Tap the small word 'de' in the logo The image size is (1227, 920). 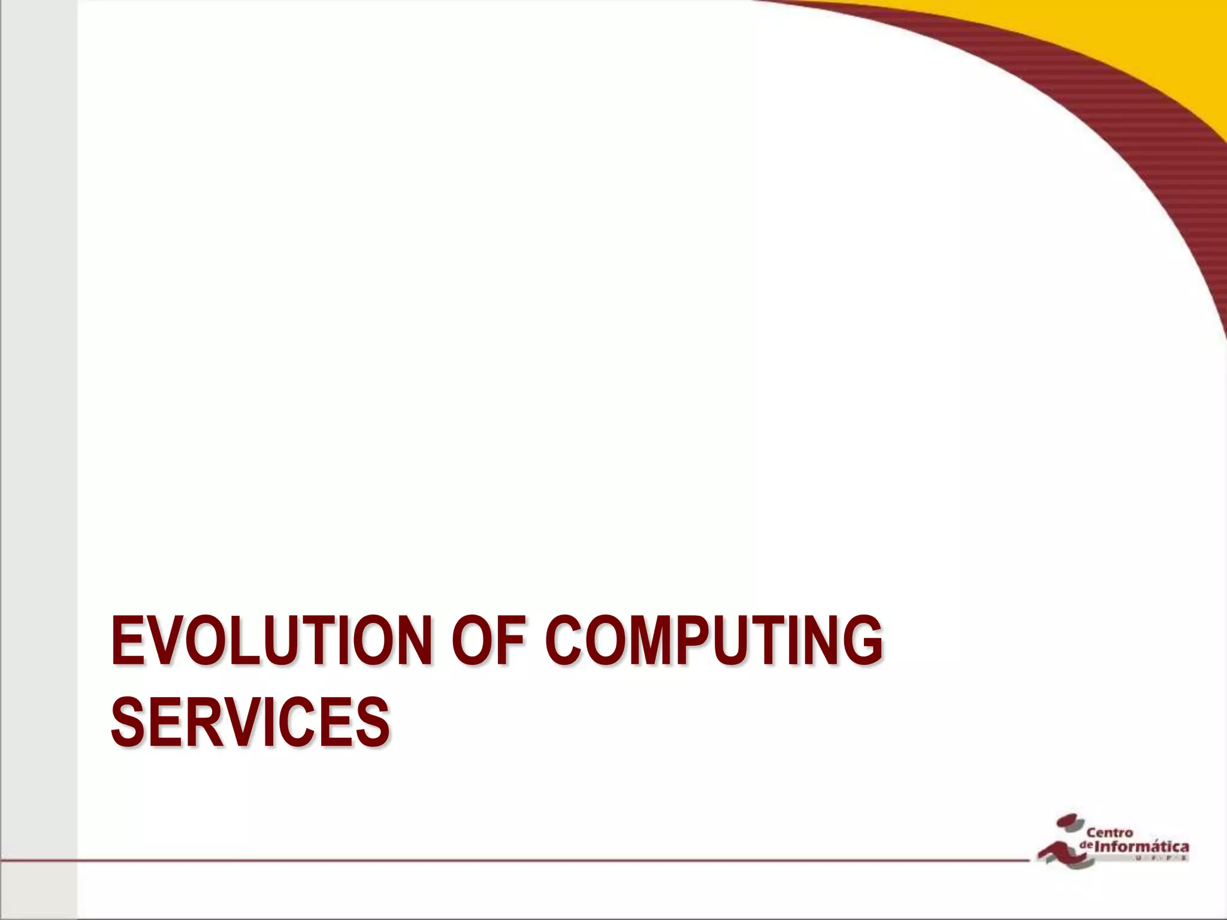[1087, 845]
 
